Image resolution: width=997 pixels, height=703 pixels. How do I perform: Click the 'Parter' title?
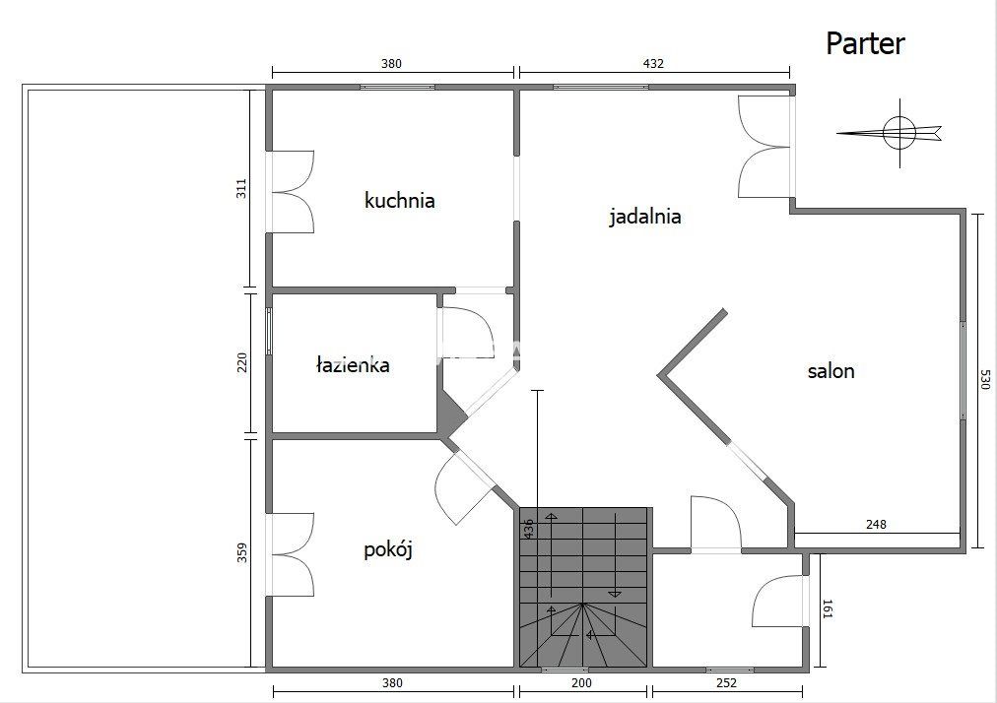[x=864, y=43]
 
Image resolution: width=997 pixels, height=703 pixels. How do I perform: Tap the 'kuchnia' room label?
[x=399, y=201]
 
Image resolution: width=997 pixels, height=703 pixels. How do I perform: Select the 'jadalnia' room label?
[x=644, y=217]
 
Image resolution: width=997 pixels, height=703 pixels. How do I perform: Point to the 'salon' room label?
[x=831, y=371]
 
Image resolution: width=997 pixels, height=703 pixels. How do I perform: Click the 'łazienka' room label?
[x=352, y=365]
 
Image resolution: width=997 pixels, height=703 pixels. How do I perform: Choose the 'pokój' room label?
[x=387, y=549]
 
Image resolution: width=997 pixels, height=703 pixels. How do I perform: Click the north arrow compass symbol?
[x=898, y=132]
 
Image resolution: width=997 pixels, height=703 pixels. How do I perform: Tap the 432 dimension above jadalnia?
[x=653, y=64]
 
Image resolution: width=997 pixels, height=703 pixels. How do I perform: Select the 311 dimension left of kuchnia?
[x=242, y=188]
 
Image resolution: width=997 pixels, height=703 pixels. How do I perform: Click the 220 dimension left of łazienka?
[x=242, y=362]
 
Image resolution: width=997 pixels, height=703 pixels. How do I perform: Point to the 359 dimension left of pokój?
[x=242, y=553]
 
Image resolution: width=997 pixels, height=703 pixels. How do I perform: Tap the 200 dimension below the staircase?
[x=581, y=683]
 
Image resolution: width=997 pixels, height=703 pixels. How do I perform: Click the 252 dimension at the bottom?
[x=725, y=683]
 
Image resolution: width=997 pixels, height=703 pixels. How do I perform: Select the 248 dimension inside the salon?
[x=876, y=524]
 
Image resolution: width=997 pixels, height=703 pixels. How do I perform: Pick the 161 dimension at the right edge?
[x=827, y=610]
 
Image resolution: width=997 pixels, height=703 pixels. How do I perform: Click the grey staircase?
[x=584, y=587]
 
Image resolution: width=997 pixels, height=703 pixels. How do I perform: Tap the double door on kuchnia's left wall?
[x=291, y=192]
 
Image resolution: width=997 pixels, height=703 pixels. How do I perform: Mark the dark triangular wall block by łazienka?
[x=450, y=413]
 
